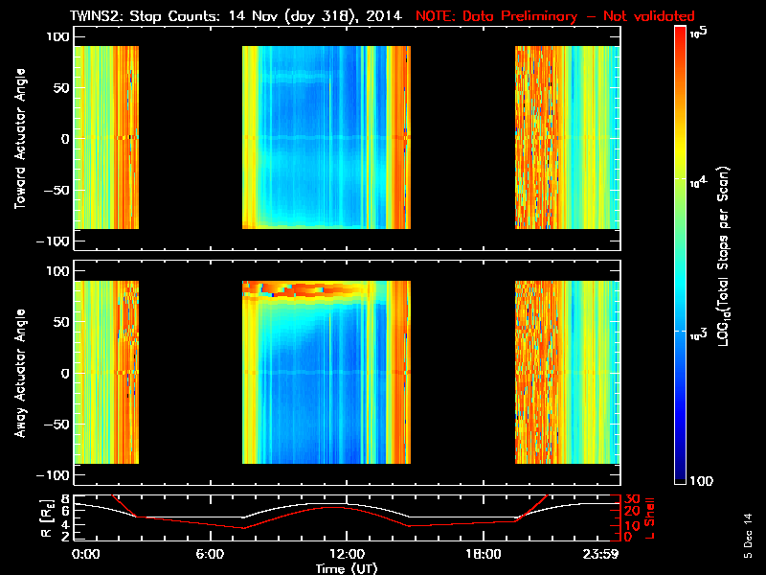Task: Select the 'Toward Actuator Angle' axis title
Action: pyautogui.click(x=18, y=139)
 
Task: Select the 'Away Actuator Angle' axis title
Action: pyautogui.click(x=18, y=373)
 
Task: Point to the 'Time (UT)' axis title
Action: pyautogui.click(x=346, y=568)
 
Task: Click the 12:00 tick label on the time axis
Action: pyautogui.click(x=346, y=555)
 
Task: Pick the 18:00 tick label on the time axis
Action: pyautogui.click(x=482, y=555)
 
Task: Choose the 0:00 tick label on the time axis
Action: pyautogui.click(x=85, y=555)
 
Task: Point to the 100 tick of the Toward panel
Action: pyautogui.click(x=58, y=35)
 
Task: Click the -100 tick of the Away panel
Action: pyautogui.click(x=56, y=476)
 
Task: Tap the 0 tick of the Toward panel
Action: pyautogui.click(x=65, y=139)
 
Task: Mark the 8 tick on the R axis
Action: pyautogui.click(x=65, y=498)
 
